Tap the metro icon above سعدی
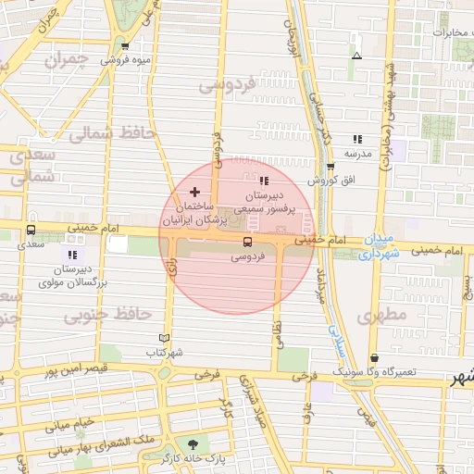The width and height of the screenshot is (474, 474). [x=32, y=231]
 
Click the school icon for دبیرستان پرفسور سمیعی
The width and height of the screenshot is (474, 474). [x=264, y=181]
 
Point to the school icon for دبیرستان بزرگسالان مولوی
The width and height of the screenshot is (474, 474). [x=72, y=254]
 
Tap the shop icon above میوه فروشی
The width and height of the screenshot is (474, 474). [x=125, y=44]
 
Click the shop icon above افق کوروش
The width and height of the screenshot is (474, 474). [x=331, y=167]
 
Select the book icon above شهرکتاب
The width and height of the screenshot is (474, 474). [x=165, y=339]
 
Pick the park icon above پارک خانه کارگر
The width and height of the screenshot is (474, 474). [x=193, y=444]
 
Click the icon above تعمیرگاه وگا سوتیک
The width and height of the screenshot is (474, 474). [x=373, y=357]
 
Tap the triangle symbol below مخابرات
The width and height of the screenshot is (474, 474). [x=356, y=56]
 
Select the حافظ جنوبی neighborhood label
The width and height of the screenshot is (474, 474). [x=108, y=316]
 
